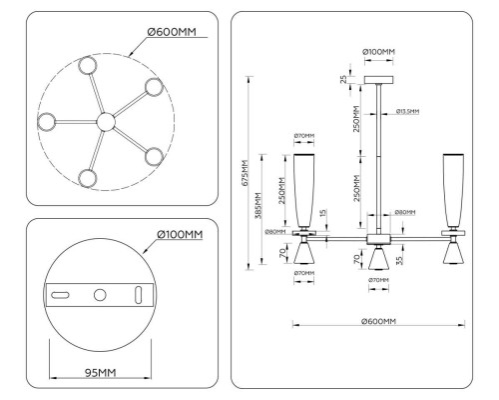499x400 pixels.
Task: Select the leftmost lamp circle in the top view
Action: click(47, 123)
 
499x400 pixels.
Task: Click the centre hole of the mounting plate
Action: click(99, 295)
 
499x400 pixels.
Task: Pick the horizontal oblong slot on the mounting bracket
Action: click(60, 295)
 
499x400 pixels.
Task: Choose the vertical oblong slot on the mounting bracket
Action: click(138, 295)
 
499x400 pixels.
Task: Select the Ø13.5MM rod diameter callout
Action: click(406, 111)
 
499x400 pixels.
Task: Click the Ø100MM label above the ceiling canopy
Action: click(379, 50)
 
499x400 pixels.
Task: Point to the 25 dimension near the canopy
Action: click(345, 78)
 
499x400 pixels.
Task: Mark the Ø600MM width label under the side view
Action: click(380, 321)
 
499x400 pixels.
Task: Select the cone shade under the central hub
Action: click(378, 258)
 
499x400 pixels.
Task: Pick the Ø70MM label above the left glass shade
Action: click(304, 135)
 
